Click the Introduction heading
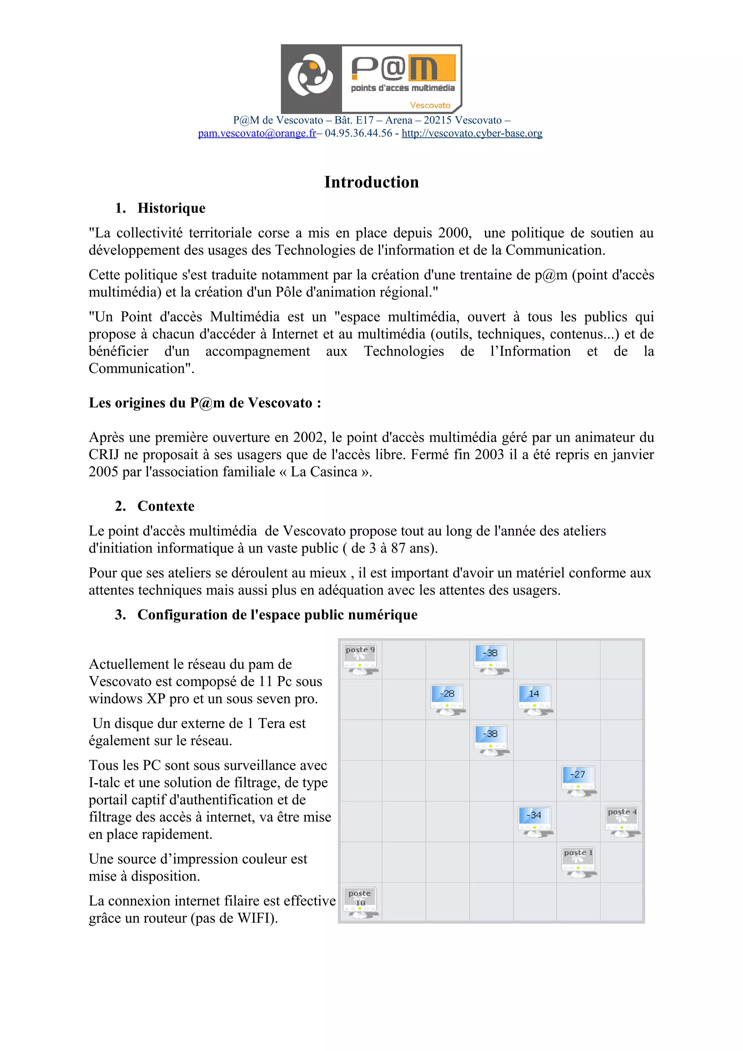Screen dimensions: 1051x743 pyautogui.click(x=371, y=182)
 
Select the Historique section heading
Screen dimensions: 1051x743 pyautogui.click(x=171, y=208)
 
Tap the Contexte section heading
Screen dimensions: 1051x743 pyautogui.click(x=166, y=506)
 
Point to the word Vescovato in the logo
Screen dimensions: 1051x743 pyautogui.click(x=430, y=105)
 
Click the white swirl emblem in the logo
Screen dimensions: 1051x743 pyautogui.click(x=311, y=75)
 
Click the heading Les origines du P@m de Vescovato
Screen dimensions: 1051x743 pyautogui.click(x=205, y=403)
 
